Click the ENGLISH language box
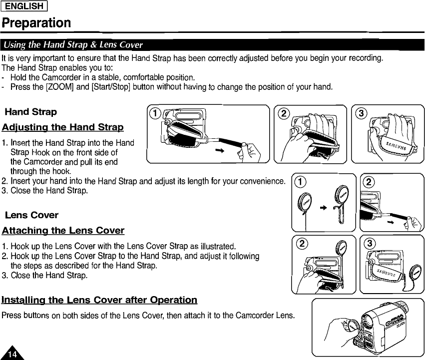[30, 6]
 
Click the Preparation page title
[36, 23]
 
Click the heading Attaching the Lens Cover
[63, 230]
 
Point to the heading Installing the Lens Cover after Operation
[99, 300]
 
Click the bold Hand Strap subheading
[30, 112]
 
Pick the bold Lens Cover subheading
[31, 215]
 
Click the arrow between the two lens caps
[323, 206]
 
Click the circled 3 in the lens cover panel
[370, 243]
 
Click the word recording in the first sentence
[364, 58]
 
